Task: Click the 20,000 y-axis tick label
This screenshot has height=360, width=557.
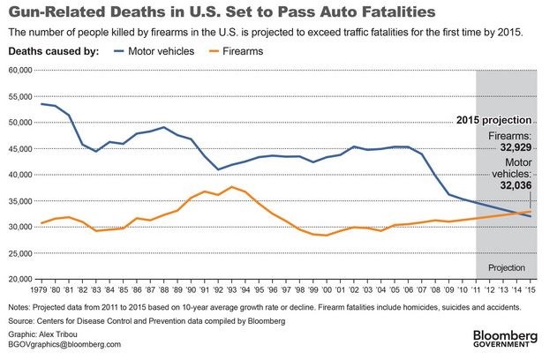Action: click(x=20, y=278)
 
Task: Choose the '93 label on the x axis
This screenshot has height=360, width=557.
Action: click(x=232, y=290)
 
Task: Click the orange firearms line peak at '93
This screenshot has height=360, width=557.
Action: click(x=232, y=187)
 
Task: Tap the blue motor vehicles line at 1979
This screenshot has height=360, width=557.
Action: click(x=41, y=104)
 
